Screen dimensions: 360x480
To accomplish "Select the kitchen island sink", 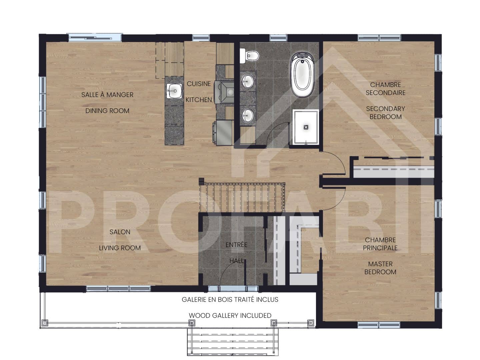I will pos(174,90).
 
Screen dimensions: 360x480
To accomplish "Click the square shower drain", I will pos(306,127).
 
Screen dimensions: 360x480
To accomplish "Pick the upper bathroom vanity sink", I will pos(248,81).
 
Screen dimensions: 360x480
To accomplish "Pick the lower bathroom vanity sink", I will pos(248,115).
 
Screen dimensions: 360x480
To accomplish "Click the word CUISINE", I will pos(199,84).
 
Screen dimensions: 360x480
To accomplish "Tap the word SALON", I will pos(120,232).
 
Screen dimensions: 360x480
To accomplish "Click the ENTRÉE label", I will pos(236,245).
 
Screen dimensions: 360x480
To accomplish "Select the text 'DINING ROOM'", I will pos(107,111).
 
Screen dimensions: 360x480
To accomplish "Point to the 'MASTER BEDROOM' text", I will pos(380,268).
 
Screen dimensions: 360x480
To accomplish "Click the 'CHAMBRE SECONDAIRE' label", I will pos(385,89).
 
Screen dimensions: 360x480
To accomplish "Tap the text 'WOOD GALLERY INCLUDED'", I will pos(230,315).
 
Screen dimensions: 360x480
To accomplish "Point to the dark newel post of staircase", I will pos(201,181).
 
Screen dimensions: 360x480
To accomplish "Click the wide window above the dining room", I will pos(95,37).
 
